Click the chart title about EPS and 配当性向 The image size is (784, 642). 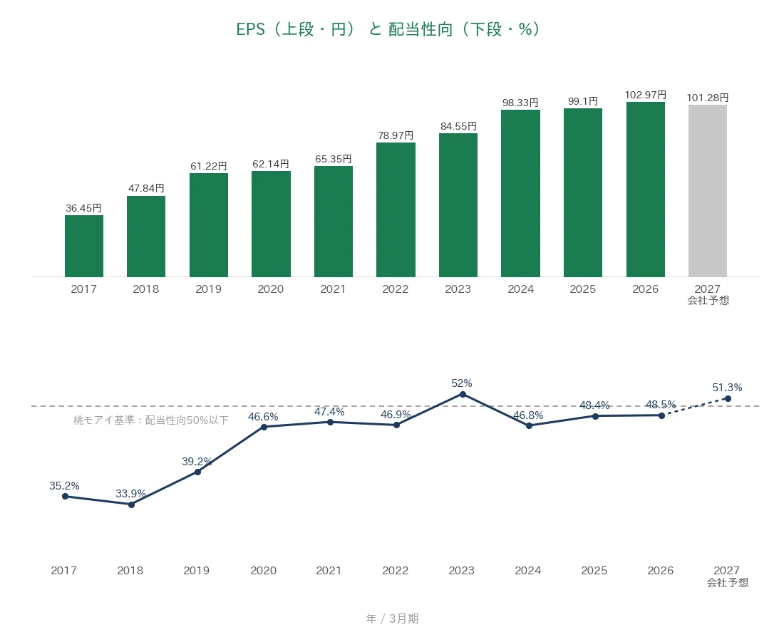point(388,29)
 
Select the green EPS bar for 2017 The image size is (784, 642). point(84,246)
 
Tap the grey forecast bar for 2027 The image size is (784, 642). point(708,191)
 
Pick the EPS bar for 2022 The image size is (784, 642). point(396,210)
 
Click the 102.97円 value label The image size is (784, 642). point(646,95)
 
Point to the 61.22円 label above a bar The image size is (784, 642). point(209,166)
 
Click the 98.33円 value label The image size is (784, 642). point(520,103)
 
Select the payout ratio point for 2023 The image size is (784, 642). point(463,395)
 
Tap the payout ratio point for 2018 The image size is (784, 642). point(132,505)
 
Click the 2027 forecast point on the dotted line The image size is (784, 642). point(728,398)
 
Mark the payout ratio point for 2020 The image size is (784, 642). point(264,427)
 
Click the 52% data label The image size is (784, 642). point(462,383)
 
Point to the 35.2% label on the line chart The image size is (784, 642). point(64,485)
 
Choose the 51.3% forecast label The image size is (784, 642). point(727,388)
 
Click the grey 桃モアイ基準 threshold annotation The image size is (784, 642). point(151,420)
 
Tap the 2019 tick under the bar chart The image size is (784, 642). point(209,289)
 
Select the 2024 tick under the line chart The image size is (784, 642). point(528,571)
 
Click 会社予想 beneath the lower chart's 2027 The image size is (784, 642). point(728,582)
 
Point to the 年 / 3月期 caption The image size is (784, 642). point(392,618)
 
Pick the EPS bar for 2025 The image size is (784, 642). point(583,192)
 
